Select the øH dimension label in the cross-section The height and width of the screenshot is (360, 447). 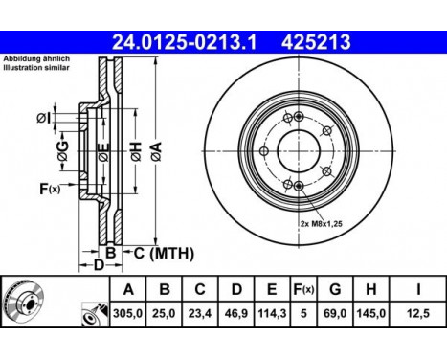pyautogui.click(x=135, y=149)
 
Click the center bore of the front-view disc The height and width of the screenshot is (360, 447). pyautogui.click(x=296, y=149)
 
